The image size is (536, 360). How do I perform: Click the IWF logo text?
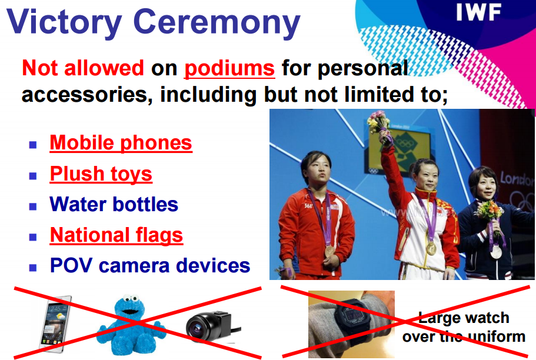click(478, 12)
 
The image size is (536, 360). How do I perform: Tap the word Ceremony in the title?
click(217, 22)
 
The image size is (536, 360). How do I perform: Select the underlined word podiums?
click(229, 68)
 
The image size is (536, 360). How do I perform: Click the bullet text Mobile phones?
click(121, 142)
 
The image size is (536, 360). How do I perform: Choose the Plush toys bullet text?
click(101, 174)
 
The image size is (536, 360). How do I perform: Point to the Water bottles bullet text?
click(114, 204)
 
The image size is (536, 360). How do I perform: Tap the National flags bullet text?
click(116, 235)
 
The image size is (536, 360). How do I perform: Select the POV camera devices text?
click(150, 265)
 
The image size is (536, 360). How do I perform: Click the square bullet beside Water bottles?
click(33, 206)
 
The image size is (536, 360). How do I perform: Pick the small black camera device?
click(212, 326)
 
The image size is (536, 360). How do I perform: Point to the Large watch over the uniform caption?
click(464, 327)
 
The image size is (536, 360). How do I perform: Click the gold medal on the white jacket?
click(431, 248)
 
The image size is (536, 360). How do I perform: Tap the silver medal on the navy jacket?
click(496, 253)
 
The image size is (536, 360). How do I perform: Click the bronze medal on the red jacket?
click(329, 252)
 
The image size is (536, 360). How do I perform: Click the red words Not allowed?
click(83, 68)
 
